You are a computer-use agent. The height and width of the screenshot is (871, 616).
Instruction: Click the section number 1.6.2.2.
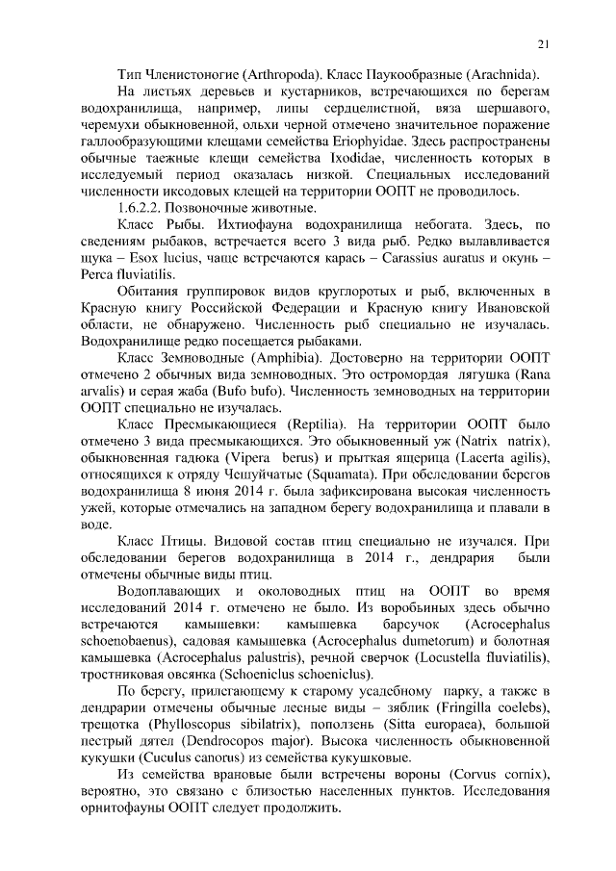click(x=141, y=207)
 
